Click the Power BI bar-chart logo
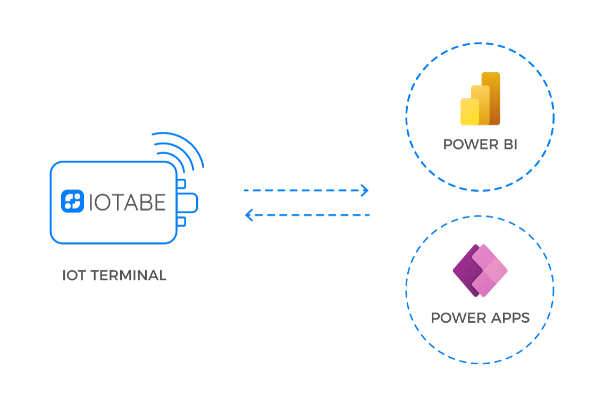pyautogui.click(x=480, y=99)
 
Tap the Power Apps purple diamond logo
pyautogui.click(x=480, y=271)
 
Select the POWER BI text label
pyautogui.click(x=480, y=145)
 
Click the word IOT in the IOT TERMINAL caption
pyautogui.click(x=73, y=276)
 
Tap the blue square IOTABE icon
pyautogui.click(x=73, y=202)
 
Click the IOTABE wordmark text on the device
pyautogui.click(x=127, y=202)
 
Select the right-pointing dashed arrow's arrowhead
pyautogui.click(x=365, y=190)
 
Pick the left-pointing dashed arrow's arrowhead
pyautogui.click(x=248, y=215)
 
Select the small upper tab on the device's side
pyautogui.click(x=181, y=184)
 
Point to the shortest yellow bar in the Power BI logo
pyautogui.click(x=467, y=112)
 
